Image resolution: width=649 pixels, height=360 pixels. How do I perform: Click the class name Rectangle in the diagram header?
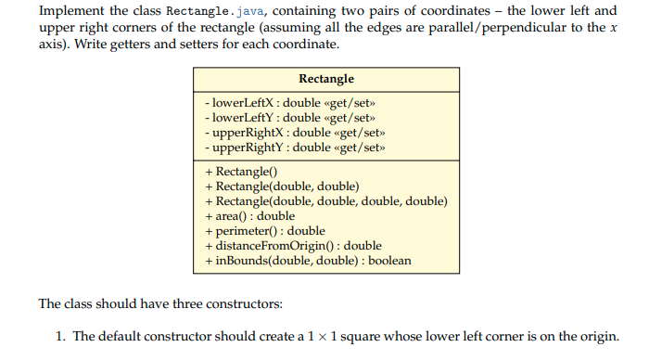point(326,79)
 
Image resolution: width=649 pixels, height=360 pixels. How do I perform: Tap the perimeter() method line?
point(264,231)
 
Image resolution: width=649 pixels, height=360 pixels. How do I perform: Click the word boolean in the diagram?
point(389,261)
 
